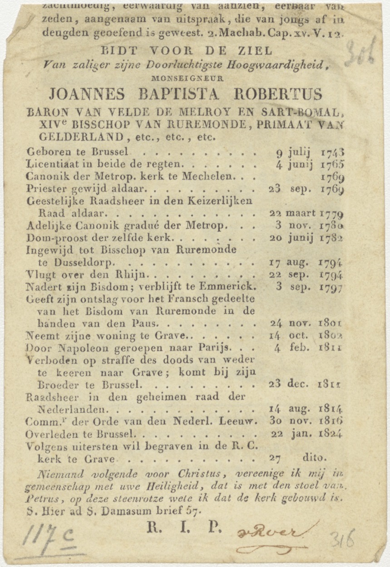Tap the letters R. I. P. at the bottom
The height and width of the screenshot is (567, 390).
click(183, 527)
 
